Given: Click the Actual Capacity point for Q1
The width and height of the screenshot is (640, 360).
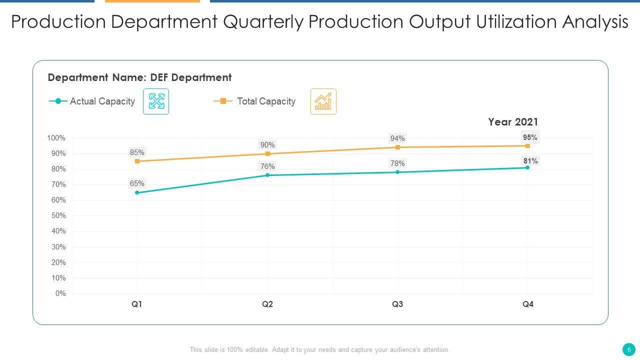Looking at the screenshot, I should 137,192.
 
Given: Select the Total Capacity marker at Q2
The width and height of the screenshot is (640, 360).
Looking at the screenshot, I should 267,154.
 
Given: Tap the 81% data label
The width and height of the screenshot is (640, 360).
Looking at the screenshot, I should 530,161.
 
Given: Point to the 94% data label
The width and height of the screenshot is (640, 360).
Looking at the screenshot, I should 397,138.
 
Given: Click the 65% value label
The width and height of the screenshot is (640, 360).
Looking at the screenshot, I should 137,183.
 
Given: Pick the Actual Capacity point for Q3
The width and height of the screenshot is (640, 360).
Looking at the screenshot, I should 397,172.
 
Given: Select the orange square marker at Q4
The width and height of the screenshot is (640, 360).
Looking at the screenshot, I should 527,146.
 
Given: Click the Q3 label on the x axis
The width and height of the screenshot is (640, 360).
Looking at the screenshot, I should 397,304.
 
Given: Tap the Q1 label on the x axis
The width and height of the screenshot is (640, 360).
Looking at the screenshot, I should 137,304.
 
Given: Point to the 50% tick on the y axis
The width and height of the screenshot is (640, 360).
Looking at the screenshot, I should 58,215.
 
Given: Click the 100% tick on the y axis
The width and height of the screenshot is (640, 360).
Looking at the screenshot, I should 56,138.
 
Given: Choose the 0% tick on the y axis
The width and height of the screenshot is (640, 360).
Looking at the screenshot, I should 60,293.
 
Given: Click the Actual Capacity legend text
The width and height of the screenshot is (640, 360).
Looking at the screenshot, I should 102,101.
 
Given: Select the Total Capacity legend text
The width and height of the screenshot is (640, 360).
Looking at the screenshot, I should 266,101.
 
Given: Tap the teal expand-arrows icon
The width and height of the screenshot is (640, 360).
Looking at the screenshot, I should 156,101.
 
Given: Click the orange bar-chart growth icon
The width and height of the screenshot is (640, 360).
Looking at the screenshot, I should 323,101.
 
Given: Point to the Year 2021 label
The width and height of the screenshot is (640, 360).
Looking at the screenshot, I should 513,122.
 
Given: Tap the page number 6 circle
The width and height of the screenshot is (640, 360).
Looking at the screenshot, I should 629,349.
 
